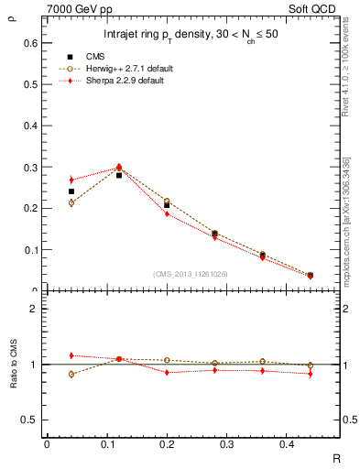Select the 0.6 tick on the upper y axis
(31, 42)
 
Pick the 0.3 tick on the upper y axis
(31, 167)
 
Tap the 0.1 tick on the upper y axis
(31, 249)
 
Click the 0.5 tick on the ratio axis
(31, 420)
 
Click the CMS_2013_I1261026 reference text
(190, 274)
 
